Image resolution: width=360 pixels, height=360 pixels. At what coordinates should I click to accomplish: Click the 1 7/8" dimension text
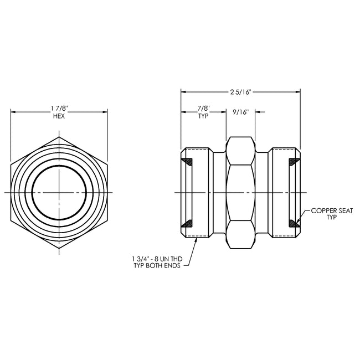click(x=59, y=109)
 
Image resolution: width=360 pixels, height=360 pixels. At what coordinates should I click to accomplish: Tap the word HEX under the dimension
click(x=59, y=116)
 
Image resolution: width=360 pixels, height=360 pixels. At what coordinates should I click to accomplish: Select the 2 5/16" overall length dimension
click(x=241, y=92)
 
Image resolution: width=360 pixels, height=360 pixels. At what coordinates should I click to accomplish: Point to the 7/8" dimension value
click(x=203, y=108)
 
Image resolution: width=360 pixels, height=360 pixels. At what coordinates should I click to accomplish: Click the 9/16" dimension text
click(x=241, y=112)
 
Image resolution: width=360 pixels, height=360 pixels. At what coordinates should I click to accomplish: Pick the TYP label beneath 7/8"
click(x=203, y=116)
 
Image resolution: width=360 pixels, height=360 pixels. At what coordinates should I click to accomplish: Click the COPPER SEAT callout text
click(x=332, y=211)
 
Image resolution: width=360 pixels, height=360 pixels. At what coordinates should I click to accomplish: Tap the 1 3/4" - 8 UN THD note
click(x=157, y=259)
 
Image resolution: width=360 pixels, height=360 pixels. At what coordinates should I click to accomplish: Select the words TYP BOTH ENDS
click(x=157, y=266)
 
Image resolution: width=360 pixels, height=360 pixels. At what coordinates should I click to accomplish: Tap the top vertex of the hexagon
click(x=59, y=137)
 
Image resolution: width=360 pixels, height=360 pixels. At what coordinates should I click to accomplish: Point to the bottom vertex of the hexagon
click(x=59, y=248)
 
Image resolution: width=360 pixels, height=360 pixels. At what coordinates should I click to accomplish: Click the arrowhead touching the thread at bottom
click(x=196, y=240)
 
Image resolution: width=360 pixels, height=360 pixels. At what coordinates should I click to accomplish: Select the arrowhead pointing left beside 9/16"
click(x=258, y=112)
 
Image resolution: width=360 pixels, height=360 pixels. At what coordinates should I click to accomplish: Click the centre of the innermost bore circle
click(x=59, y=192)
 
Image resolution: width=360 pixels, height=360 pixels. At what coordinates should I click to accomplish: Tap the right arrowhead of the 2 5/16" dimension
click(x=298, y=92)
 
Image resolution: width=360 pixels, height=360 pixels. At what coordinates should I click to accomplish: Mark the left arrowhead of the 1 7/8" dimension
click(x=13, y=112)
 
